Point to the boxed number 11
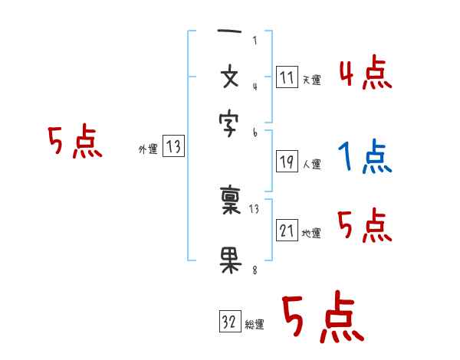(287, 77)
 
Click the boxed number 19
(287, 162)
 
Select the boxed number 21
(287, 231)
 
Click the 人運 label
(311, 164)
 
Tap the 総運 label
(255, 325)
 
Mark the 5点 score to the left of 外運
(74, 142)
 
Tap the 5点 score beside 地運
(365, 225)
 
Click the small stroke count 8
(255, 270)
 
